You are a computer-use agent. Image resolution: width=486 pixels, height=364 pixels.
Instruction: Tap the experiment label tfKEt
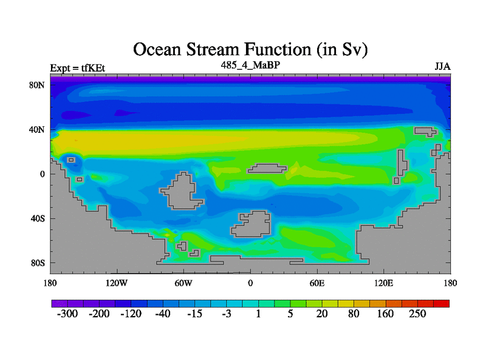coord(94,68)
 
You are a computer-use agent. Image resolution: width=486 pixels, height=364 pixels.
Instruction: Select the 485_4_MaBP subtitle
coord(250,66)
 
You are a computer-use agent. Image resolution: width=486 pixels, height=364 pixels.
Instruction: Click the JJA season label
coord(442,67)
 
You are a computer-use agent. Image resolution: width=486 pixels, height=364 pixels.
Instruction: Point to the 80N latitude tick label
coord(36,85)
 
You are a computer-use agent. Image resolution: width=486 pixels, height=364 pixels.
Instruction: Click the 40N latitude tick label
coord(36,130)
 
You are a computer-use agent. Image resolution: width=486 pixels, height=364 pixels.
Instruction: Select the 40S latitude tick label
coord(38,218)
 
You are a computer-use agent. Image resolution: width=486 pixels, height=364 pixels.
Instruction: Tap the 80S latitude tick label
coord(38,263)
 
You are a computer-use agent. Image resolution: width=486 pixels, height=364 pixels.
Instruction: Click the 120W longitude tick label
coord(116,283)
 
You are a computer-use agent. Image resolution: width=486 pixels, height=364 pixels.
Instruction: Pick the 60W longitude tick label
coord(183,283)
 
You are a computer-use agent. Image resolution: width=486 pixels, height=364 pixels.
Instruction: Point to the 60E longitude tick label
coord(317,283)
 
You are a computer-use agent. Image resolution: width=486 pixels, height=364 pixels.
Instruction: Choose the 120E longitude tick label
coord(384,283)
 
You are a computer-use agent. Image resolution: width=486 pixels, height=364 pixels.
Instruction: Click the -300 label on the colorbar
coord(67,314)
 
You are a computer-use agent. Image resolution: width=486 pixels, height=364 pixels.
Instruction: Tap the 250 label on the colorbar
coord(417,314)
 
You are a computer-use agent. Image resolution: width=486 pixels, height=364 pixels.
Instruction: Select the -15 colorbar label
coord(194,314)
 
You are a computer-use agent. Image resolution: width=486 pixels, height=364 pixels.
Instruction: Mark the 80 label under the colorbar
coord(354,314)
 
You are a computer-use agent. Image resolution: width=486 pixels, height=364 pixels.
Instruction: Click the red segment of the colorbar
coord(442,304)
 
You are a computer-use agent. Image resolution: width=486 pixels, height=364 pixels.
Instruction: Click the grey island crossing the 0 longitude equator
coord(267,169)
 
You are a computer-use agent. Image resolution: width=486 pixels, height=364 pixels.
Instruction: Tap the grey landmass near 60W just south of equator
coord(181,191)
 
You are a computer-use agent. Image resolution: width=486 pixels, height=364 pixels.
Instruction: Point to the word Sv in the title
coord(352,50)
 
